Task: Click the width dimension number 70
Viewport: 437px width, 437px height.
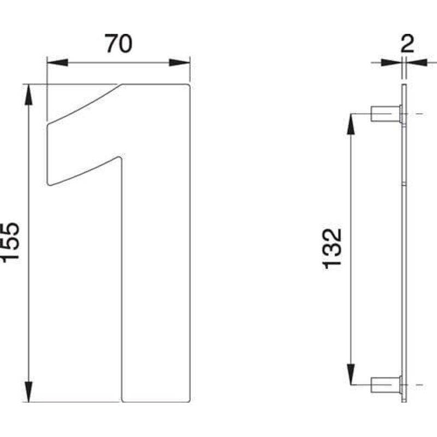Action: tap(119, 44)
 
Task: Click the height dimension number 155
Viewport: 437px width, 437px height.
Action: tap(11, 242)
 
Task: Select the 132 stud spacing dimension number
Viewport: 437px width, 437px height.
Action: tap(332, 248)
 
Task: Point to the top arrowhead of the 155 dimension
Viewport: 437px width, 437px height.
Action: tap(28, 94)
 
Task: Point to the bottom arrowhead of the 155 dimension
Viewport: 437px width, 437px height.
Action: tap(28, 392)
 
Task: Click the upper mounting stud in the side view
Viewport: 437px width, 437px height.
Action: tap(386, 114)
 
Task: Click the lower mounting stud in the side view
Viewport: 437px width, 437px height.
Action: tap(386, 385)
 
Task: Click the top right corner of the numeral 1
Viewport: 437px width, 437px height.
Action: tap(188, 85)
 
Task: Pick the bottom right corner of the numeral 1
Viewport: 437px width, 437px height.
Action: tap(188, 401)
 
